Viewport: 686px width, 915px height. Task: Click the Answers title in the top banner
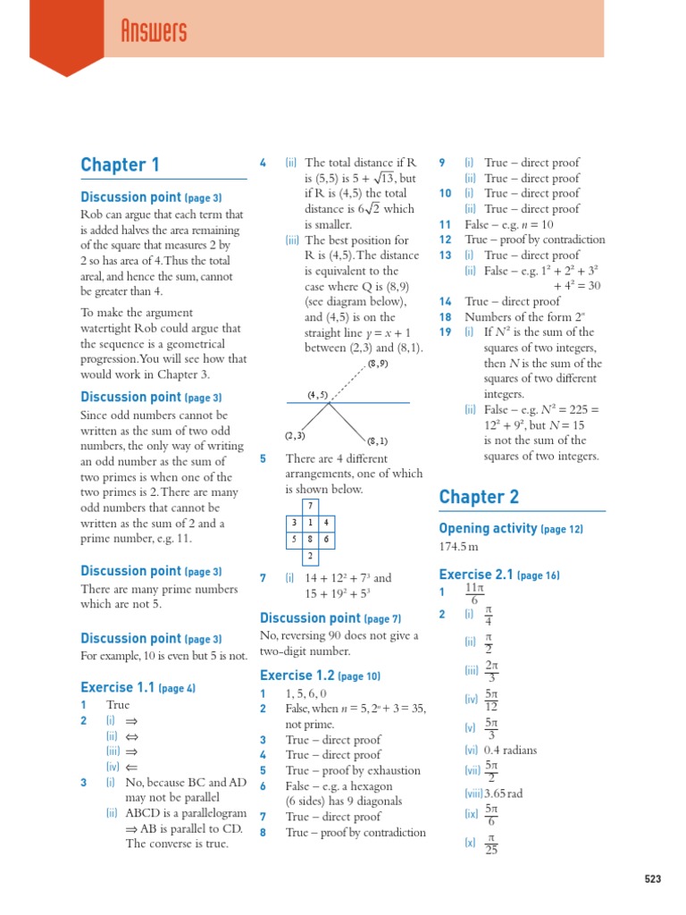(x=153, y=33)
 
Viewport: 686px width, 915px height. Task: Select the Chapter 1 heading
(x=120, y=164)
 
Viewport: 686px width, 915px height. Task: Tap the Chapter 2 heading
(x=478, y=497)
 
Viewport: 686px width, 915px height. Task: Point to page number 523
(x=653, y=879)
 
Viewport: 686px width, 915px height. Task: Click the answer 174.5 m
(x=460, y=546)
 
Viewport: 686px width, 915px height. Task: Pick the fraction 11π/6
(x=474, y=594)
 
